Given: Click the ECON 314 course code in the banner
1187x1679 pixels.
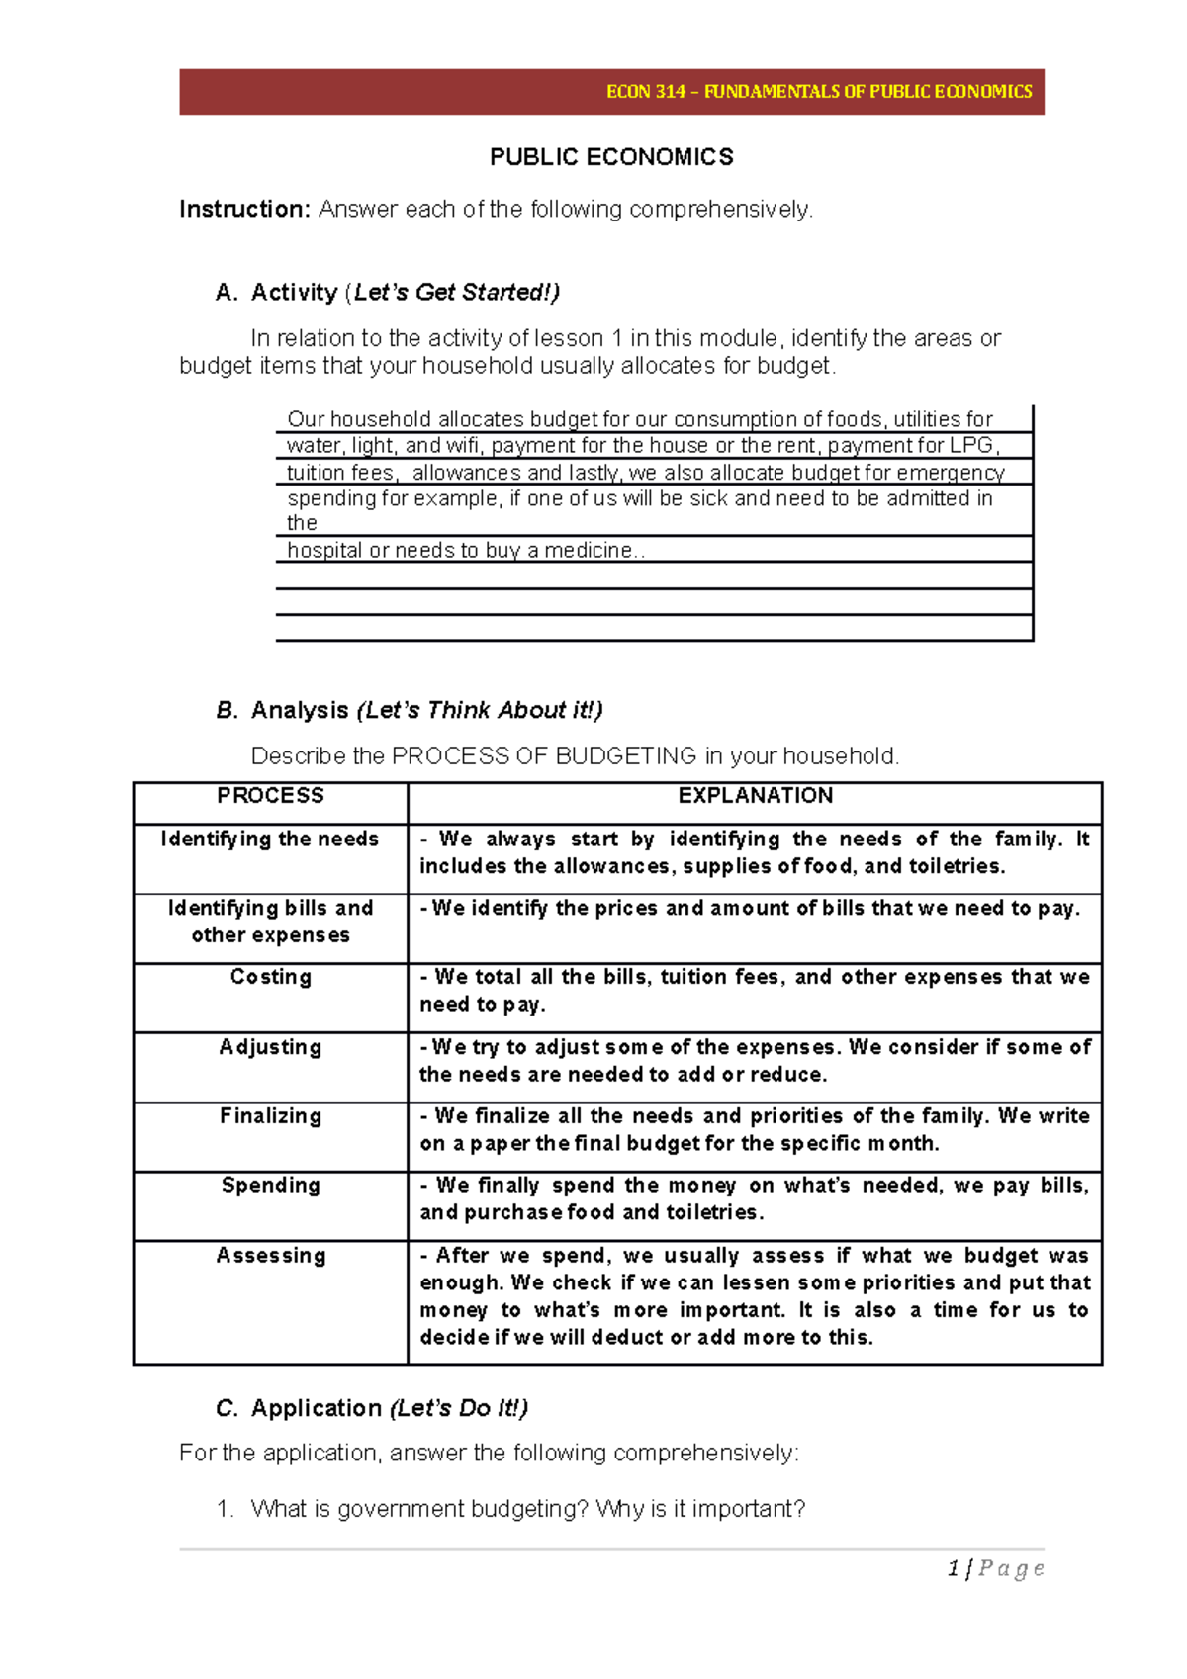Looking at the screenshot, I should tap(645, 92).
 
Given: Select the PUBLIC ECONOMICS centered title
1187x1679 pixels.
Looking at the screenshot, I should tap(611, 157).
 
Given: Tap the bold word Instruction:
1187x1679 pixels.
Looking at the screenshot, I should tap(245, 210).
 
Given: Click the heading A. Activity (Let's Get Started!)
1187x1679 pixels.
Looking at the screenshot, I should tap(388, 293).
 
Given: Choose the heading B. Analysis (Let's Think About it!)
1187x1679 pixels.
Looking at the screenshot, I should tap(409, 710).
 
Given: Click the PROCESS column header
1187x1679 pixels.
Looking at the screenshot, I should tap(270, 796).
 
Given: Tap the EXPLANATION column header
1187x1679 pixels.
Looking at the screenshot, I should tap(755, 796).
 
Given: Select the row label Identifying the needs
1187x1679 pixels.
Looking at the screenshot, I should tap(270, 839).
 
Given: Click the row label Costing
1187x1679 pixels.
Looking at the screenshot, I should tap(270, 977).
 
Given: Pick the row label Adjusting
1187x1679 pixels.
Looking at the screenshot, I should tap(270, 1047).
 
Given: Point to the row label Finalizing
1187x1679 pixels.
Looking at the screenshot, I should tap(270, 1116).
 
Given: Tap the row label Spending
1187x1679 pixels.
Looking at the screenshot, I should tap(270, 1186).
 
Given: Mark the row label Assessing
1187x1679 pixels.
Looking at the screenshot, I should tap(270, 1256).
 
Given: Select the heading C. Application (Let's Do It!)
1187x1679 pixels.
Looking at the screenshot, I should tap(372, 1408).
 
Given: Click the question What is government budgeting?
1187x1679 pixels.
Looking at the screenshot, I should tap(419, 1509).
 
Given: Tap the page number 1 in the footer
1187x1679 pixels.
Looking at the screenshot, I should tap(954, 1568).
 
